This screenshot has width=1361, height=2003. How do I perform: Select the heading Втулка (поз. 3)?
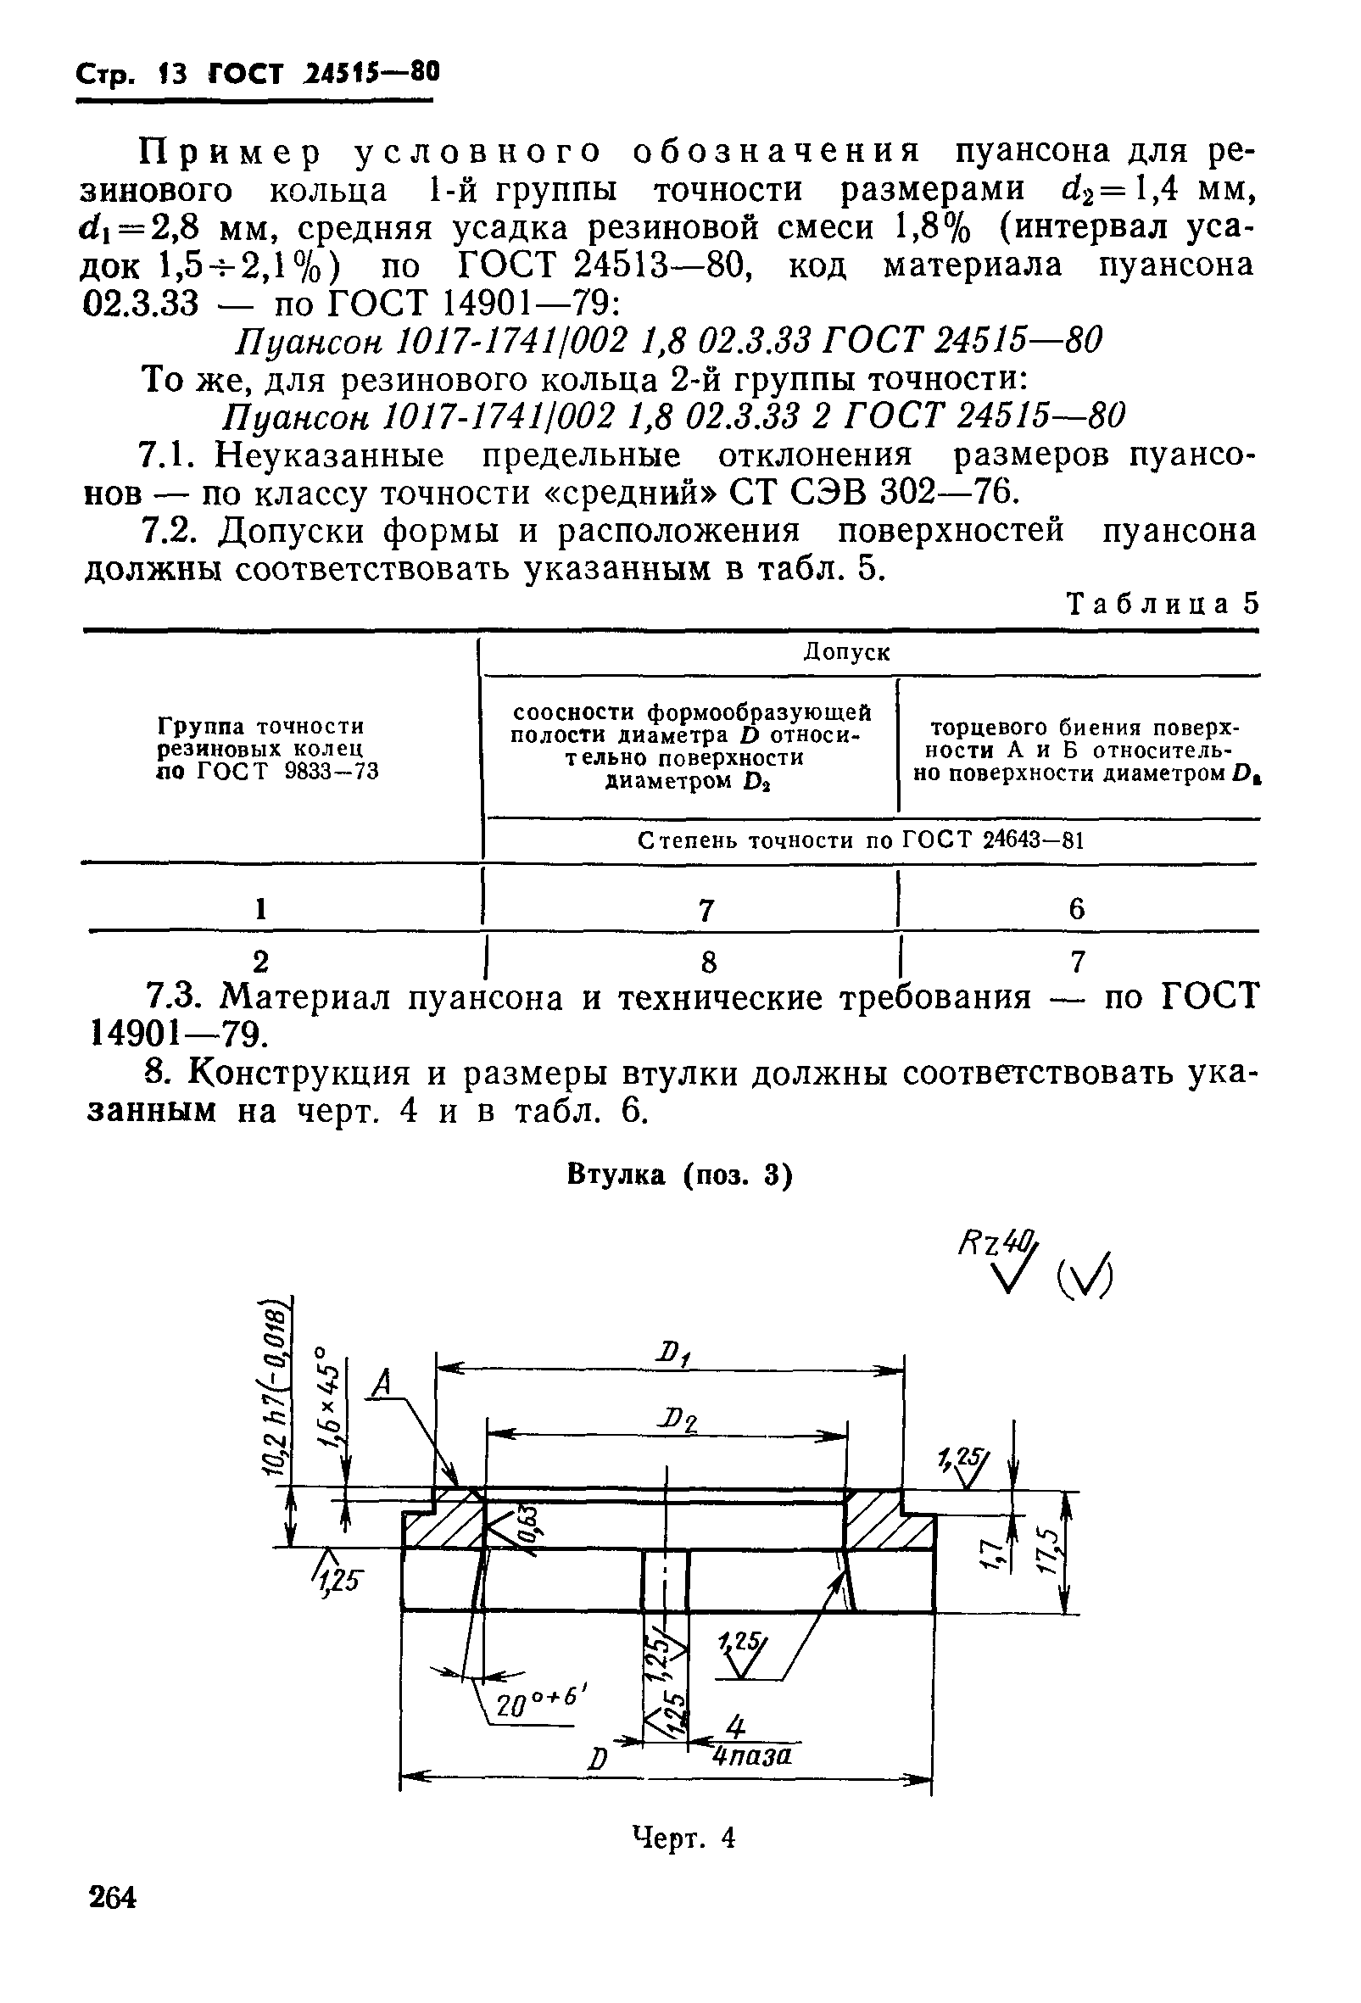pyautogui.click(x=679, y=1175)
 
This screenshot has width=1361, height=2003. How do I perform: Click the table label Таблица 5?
pyautogui.click(x=1163, y=603)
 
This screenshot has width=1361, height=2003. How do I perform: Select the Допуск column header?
pyautogui.click(x=846, y=652)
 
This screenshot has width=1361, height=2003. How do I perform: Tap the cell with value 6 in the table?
pyautogui.click(x=1077, y=907)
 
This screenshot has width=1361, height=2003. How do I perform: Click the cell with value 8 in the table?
pyautogui.click(x=708, y=961)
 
